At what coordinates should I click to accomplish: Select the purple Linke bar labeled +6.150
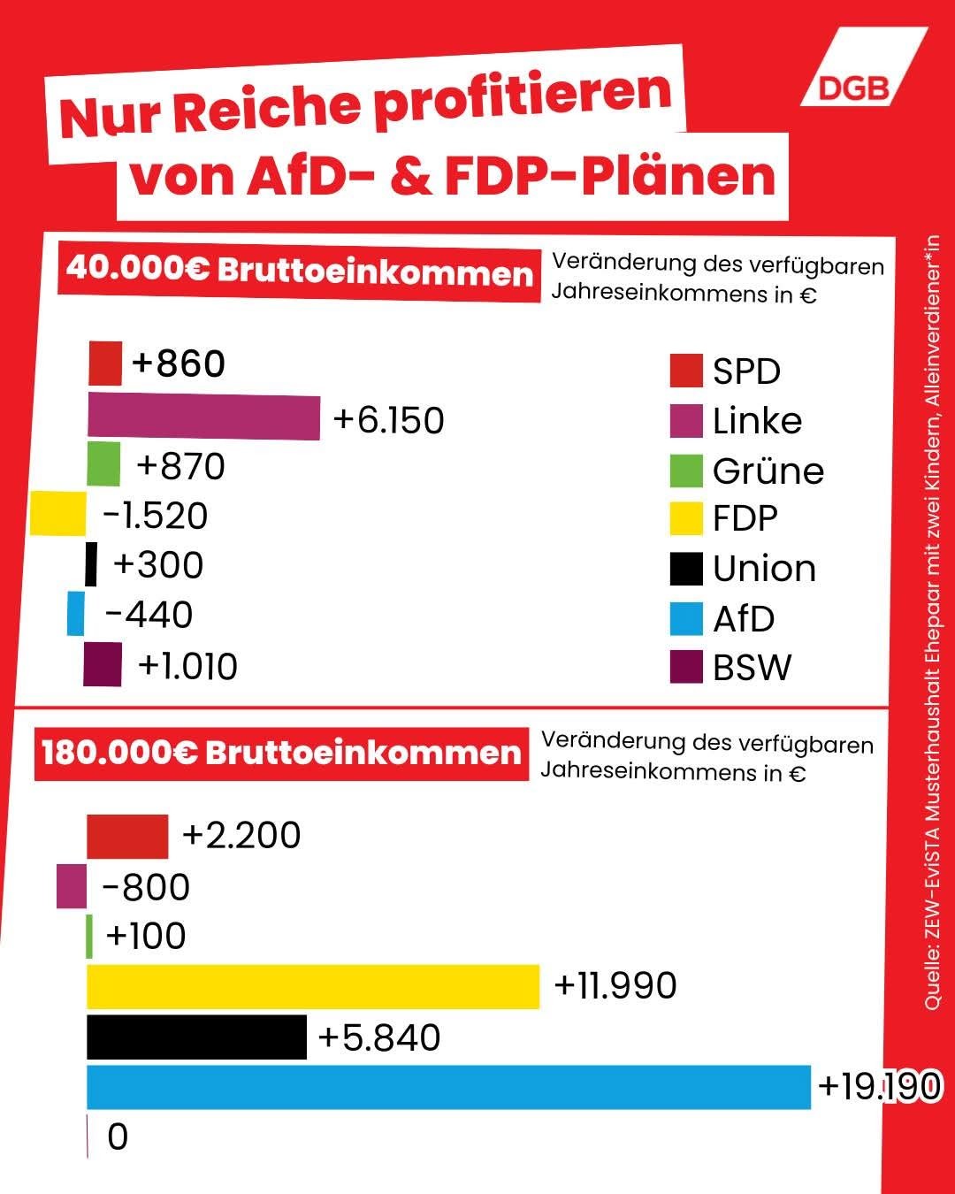tap(203, 418)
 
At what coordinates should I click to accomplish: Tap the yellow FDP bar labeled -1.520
tap(57, 515)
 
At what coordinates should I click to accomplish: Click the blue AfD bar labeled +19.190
tap(448, 1087)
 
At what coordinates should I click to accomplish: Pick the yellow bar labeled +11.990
tap(313, 987)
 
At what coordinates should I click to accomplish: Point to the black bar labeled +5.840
tap(196, 1037)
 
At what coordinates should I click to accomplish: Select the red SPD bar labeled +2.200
tap(127, 837)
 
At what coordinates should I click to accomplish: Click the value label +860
tap(179, 364)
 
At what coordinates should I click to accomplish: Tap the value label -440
tap(149, 615)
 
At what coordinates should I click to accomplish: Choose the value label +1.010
tap(187, 666)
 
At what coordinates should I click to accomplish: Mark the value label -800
tap(146, 887)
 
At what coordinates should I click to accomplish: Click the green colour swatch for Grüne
tap(686, 471)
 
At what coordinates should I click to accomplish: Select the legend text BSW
tap(753, 668)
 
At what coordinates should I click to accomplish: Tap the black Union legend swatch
tap(686, 569)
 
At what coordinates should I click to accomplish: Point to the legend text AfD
tap(744, 619)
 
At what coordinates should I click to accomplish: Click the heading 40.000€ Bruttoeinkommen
tap(300, 270)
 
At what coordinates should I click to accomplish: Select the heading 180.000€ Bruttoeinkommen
tap(282, 753)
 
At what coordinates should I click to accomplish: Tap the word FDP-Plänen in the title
tap(610, 176)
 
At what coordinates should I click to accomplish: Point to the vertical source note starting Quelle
tap(933, 619)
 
